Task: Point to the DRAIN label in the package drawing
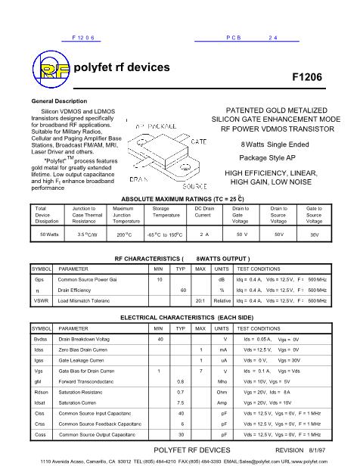point(141,179)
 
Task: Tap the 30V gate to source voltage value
point(314,235)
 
